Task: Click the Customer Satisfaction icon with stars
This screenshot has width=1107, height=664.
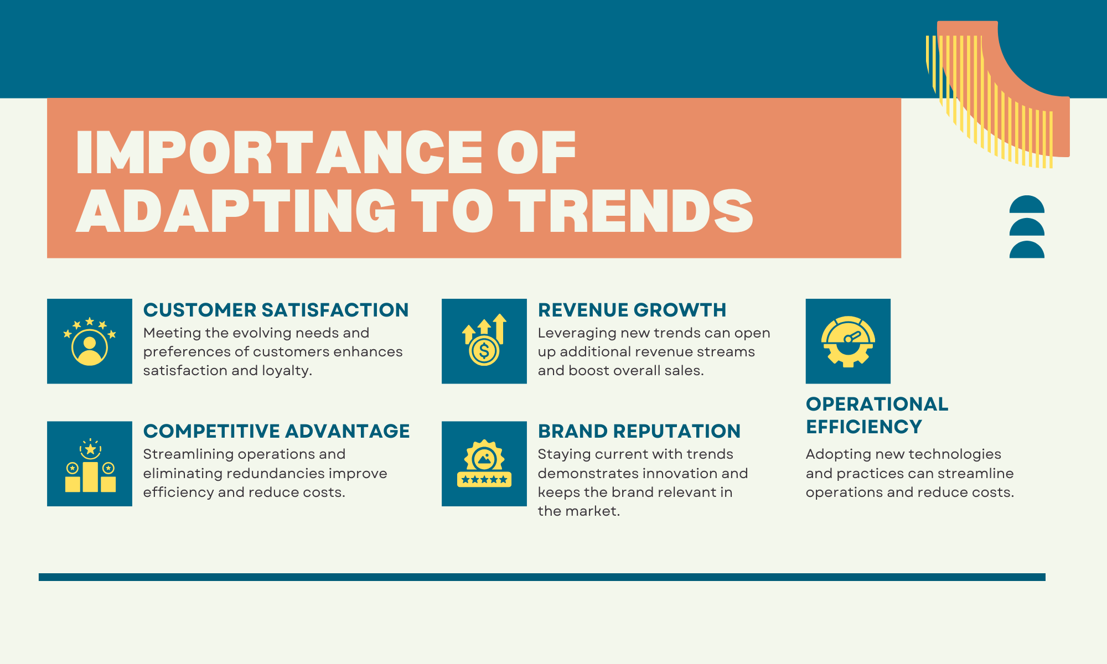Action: tap(90, 341)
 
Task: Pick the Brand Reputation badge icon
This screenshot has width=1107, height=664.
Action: tap(484, 464)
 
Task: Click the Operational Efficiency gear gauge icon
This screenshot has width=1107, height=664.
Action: tap(848, 341)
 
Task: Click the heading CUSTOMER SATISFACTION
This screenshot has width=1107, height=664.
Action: tap(276, 310)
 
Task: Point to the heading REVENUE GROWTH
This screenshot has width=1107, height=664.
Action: tap(632, 310)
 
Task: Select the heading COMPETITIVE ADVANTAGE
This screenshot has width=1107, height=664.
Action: tap(276, 431)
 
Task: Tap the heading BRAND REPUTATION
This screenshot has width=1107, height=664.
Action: tap(639, 431)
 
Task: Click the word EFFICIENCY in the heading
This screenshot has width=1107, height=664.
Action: tap(864, 427)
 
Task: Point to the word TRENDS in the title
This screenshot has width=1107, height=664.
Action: tap(631, 210)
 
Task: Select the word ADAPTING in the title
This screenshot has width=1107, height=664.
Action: tap(236, 210)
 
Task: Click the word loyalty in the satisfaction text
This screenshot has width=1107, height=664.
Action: tap(287, 371)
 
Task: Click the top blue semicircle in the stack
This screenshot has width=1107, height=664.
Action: tap(1027, 205)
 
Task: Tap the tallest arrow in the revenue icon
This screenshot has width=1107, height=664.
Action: tap(500, 329)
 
